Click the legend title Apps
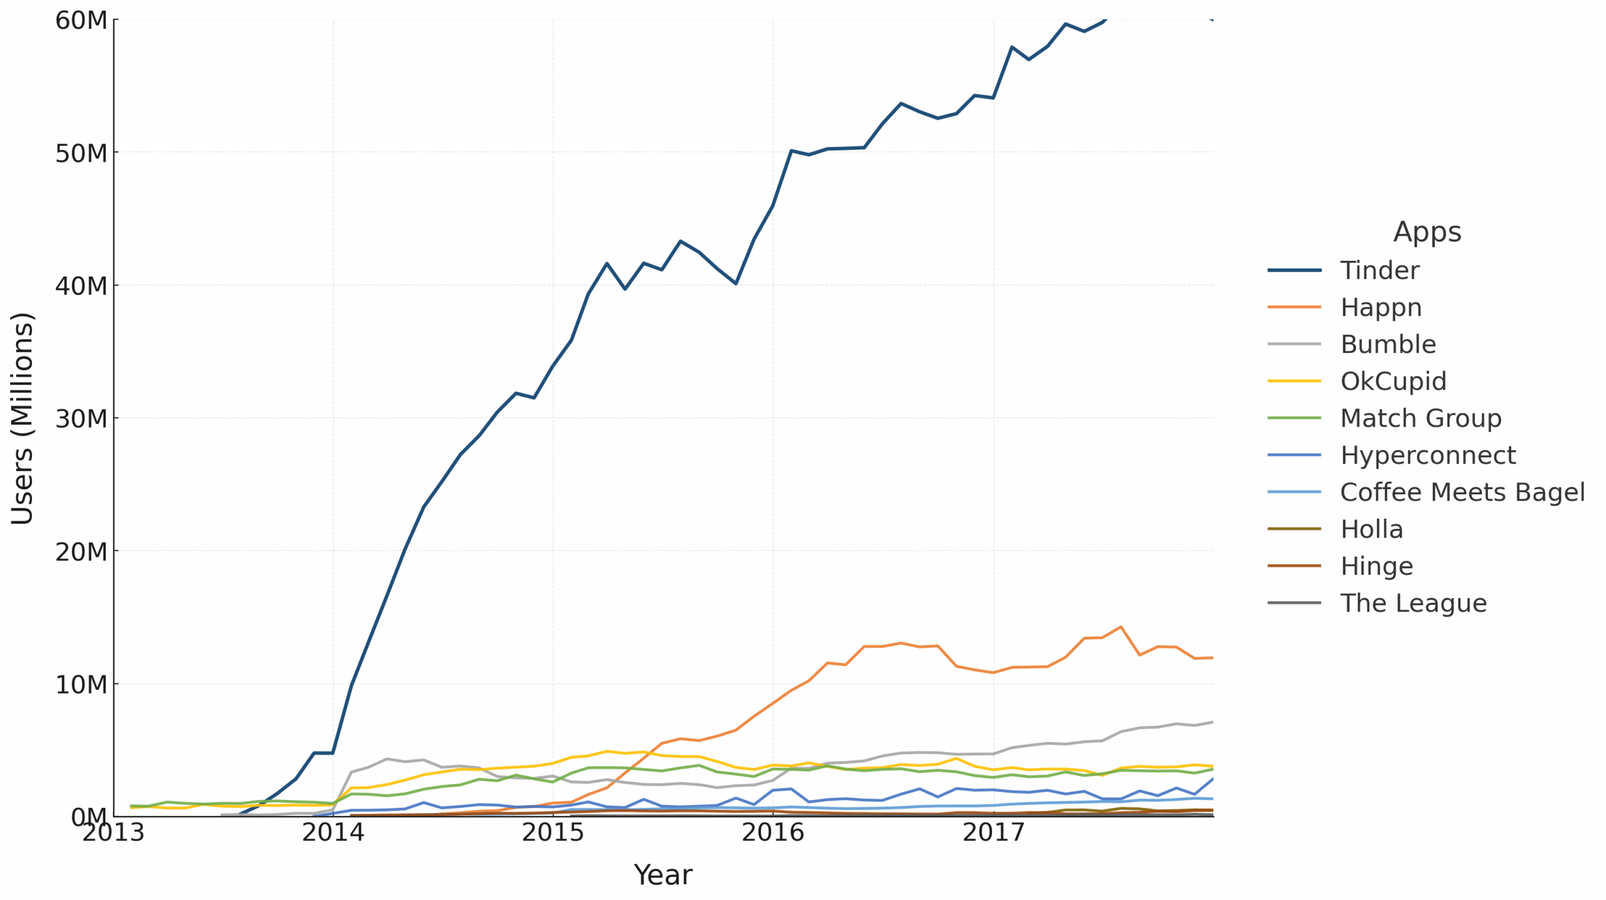pyautogui.click(x=1427, y=232)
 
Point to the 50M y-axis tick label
pyautogui.click(x=82, y=152)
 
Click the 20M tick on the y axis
pyautogui.click(x=82, y=551)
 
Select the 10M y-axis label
pyautogui.click(x=82, y=684)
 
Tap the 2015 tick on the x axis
pyautogui.click(x=553, y=833)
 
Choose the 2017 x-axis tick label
pyautogui.click(x=993, y=833)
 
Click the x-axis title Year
pyautogui.click(x=663, y=875)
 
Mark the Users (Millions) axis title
pyautogui.click(x=23, y=418)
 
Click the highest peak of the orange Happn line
pyautogui.click(x=1120, y=627)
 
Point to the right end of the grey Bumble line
pyautogui.click(x=1213, y=722)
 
